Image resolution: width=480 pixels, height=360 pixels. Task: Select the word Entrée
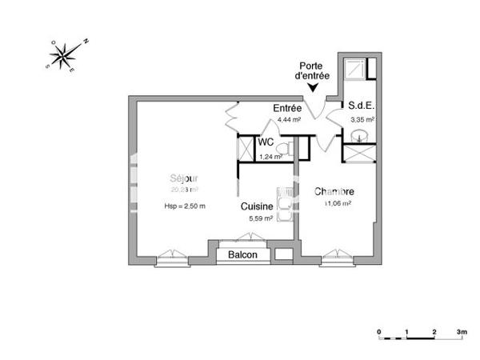[x=287, y=108]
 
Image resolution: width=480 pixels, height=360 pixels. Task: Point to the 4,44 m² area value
[x=289, y=119]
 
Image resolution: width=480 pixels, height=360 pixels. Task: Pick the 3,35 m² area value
[x=362, y=119]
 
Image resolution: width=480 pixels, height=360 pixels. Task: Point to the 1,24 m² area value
[x=270, y=157]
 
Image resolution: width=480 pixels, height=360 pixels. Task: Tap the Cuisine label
[x=258, y=206]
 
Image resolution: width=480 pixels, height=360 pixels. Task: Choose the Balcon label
[x=242, y=254]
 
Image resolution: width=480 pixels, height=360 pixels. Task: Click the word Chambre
[x=334, y=192]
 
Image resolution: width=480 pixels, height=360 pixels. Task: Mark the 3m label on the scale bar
[x=462, y=330]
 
